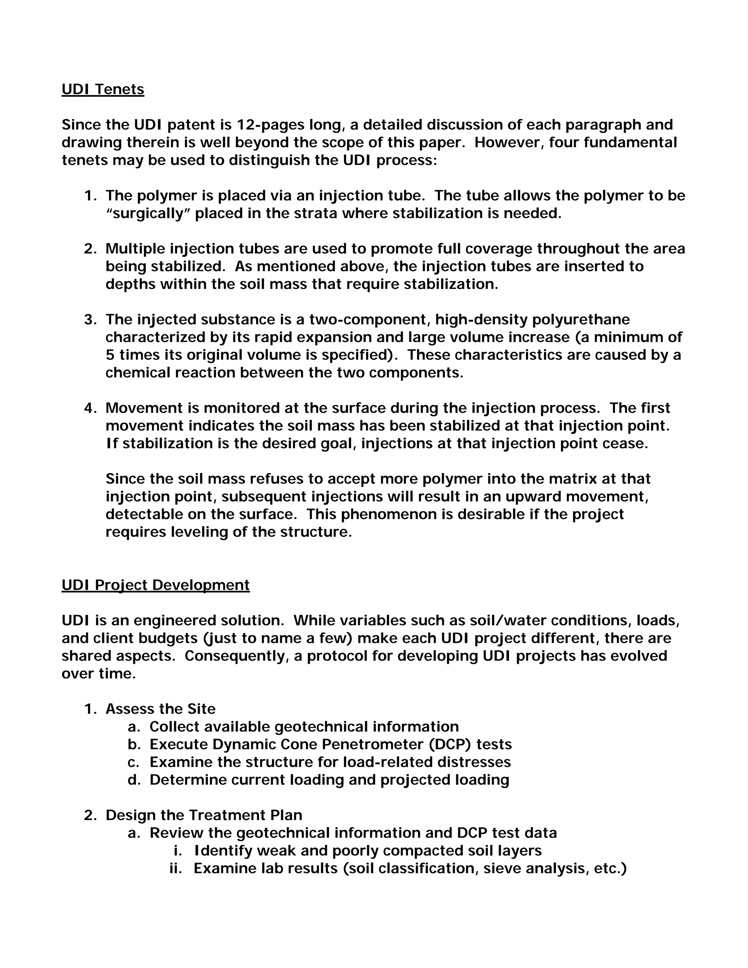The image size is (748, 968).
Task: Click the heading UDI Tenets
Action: (103, 89)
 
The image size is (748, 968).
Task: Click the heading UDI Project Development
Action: (156, 585)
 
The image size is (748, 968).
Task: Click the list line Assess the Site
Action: (160, 709)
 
